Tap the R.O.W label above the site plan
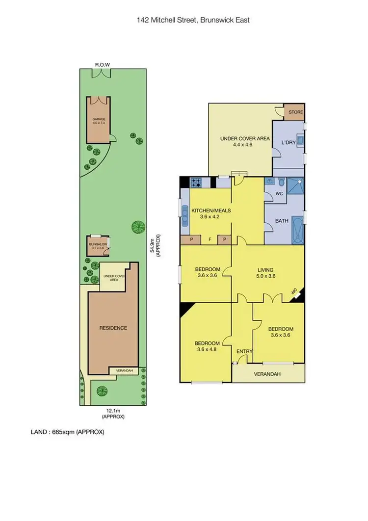[103, 64]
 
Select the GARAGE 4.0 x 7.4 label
[99, 122]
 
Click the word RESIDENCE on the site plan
[113, 328]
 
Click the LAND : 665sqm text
[68, 432]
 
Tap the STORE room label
[296, 112]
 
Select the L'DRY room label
[287, 142]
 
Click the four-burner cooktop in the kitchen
[197, 182]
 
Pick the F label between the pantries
[210, 239]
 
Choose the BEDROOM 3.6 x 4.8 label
[207, 346]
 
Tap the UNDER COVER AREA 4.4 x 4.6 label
[245, 142]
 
